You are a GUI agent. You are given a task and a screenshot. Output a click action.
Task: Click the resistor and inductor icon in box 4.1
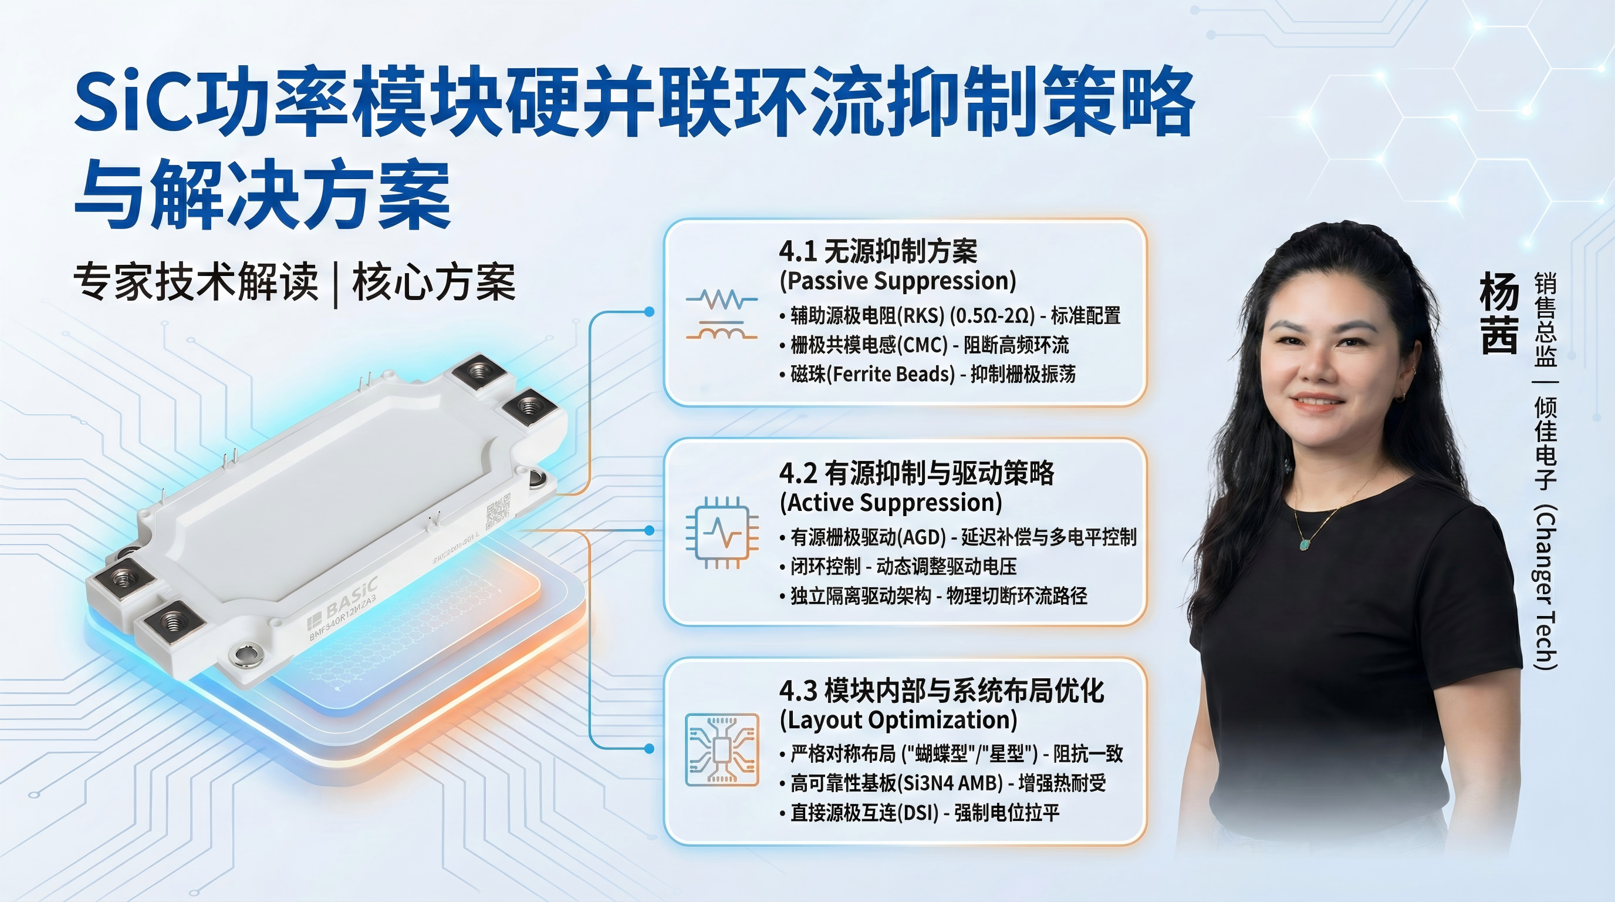tap(721, 315)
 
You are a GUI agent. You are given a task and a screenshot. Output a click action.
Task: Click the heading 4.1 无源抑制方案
tap(878, 251)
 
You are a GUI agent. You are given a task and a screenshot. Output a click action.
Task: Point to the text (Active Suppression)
tap(890, 503)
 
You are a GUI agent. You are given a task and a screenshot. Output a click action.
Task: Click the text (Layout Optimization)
tap(898, 720)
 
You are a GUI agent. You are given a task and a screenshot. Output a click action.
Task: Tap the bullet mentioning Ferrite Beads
tap(928, 375)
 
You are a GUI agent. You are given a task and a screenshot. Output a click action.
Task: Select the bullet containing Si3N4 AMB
tap(943, 783)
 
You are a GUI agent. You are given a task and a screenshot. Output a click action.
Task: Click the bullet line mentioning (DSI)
tap(920, 813)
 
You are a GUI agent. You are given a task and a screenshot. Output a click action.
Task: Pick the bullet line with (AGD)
tap(958, 537)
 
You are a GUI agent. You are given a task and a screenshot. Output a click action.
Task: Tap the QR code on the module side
tap(498, 510)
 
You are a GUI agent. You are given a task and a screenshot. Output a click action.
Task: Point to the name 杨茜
tap(1499, 313)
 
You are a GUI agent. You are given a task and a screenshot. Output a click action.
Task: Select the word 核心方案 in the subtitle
tap(434, 283)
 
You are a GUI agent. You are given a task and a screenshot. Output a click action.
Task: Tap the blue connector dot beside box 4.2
tap(650, 531)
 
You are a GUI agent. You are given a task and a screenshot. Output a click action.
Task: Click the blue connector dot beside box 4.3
tap(650, 748)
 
